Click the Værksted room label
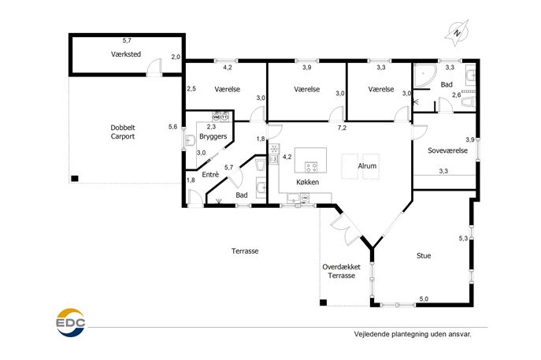tap(126, 54)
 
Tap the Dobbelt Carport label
tap(123, 132)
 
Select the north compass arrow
tap(457, 33)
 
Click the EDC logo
tap(71, 322)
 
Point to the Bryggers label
tap(213, 136)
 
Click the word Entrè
tap(210, 175)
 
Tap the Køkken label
tap(307, 182)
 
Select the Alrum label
tap(367, 166)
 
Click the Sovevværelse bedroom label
tap(448, 150)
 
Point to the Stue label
tap(424, 256)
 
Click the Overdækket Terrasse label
tap(342, 271)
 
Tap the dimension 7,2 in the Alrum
tap(342, 128)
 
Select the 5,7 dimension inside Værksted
tap(127, 40)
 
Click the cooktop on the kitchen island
tap(311, 168)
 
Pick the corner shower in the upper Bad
tap(424, 75)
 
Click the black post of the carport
tap(75, 179)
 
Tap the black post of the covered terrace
tap(324, 302)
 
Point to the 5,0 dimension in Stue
tap(424, 299)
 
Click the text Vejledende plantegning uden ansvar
tap(413, 334)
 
